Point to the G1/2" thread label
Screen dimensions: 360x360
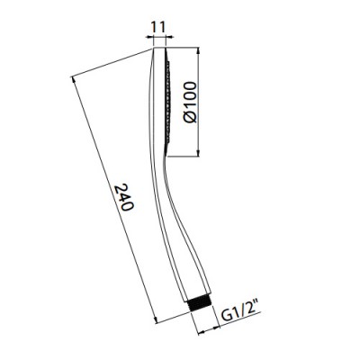[x=241, y=315]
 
